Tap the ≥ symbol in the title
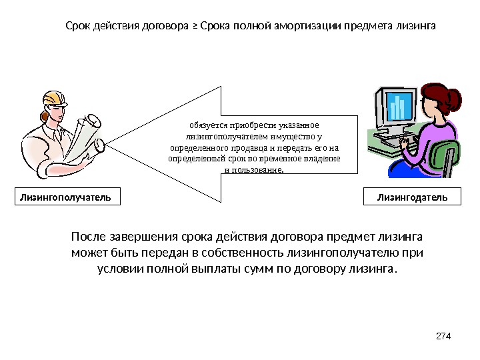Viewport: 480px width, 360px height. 194,27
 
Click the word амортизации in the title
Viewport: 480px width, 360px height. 305,27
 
